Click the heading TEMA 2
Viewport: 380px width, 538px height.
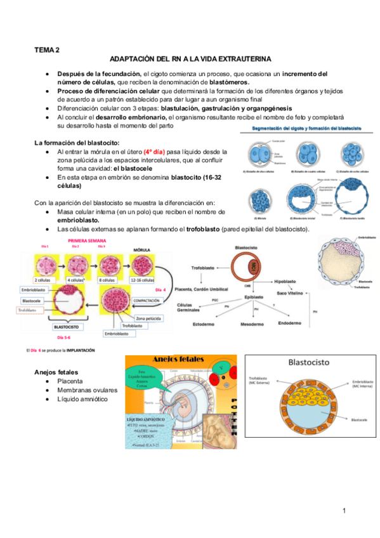pos(48,49)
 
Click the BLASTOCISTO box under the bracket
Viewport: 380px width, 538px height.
pos(65,328)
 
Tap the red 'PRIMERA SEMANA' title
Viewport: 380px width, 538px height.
pos(87,240)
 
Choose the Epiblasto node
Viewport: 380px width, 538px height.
pos(254,296)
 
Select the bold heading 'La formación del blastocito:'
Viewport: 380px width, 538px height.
pos(77,143)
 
